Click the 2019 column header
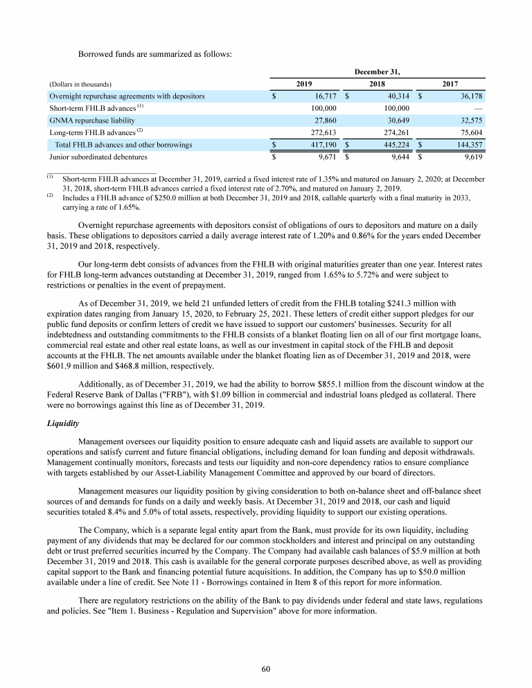click(303, 83)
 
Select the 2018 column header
click(377, 83)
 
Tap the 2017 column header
click(450, 83)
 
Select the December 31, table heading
click(377, 71)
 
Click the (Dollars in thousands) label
click(80, 84)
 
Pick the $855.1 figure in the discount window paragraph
click(342, 382)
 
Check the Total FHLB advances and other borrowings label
click(123, 145)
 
